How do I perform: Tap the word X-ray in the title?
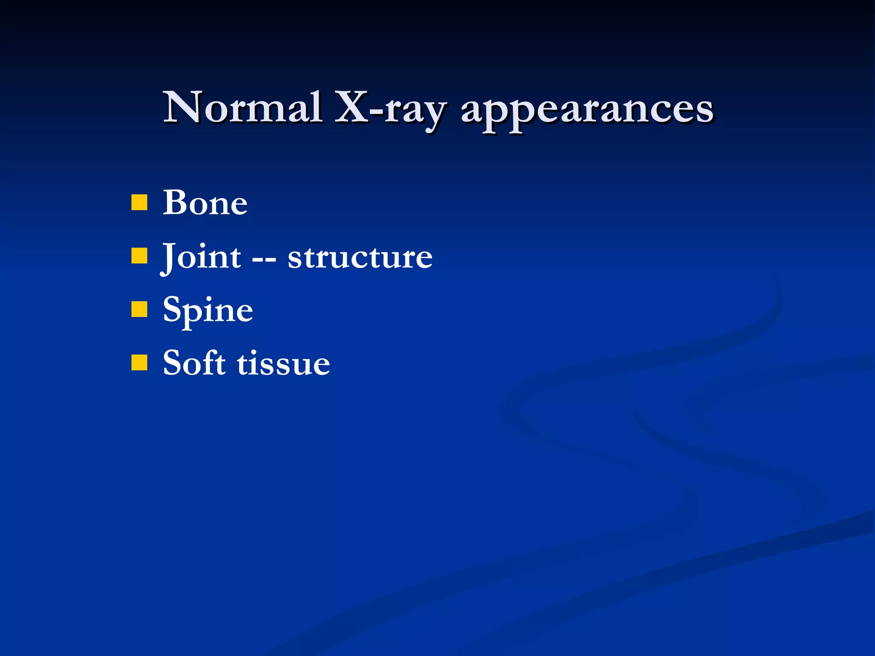coord(391,109)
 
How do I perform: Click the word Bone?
coord(205,203)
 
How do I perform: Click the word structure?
coord(360,258)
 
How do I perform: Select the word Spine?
coord(208,311)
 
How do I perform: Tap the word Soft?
coord(194,363)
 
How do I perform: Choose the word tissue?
coord(283,364)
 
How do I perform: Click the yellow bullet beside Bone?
coord(139,203)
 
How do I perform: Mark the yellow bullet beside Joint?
coord(139,256)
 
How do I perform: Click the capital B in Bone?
coord(176,202)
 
